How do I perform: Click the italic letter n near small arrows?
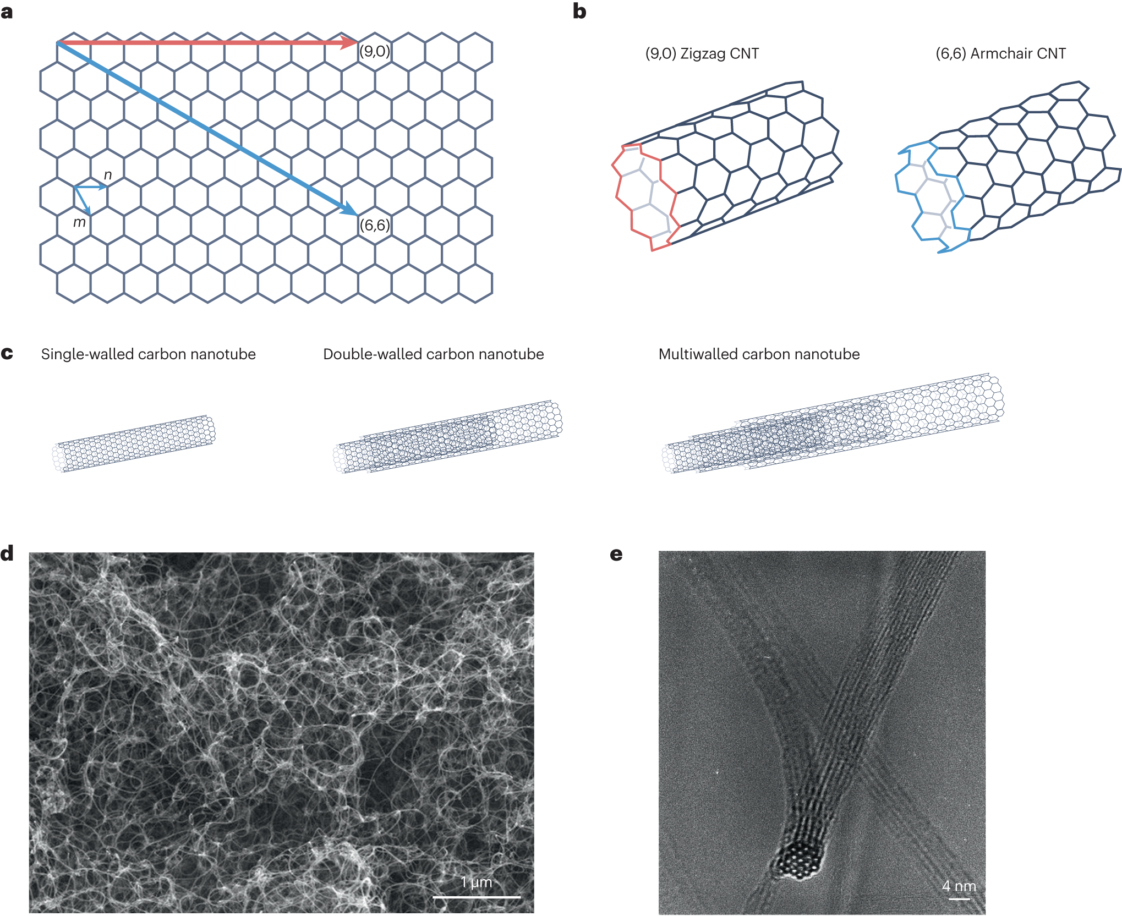coord(108,175)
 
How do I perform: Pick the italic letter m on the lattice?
coord(79,222)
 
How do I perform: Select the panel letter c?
coord(7,353)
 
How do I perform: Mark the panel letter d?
coord(7,553)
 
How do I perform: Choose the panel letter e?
coord(616,554)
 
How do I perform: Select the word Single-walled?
coord(86,354)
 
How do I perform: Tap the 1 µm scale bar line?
coord(477,897)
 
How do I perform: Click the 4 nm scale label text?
coord(959,886)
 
